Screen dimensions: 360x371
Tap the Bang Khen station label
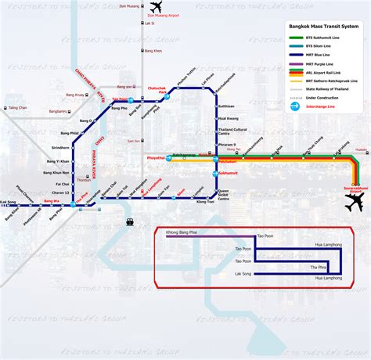tap(153, 51)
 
